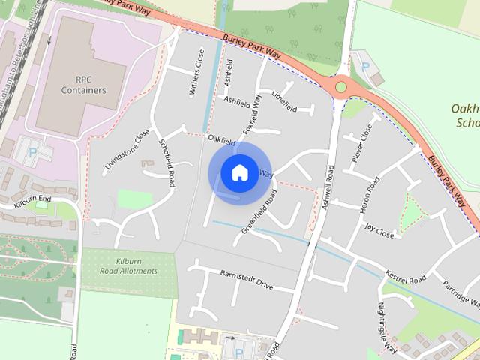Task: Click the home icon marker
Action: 239,172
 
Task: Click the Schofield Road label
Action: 166,163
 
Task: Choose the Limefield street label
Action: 285,102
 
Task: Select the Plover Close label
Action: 362,142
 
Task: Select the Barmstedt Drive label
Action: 247,281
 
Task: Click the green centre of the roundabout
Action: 341,87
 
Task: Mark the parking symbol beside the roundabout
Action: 365,67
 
